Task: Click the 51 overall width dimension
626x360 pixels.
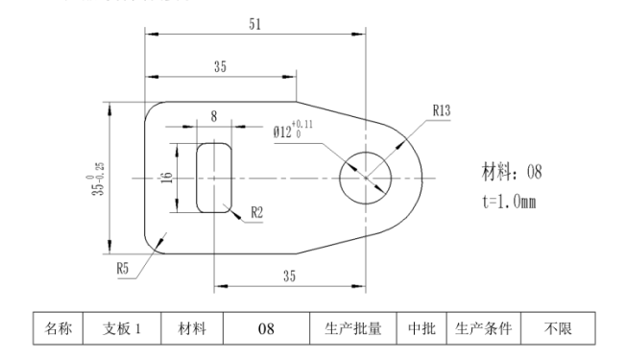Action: click(x=253, y=25)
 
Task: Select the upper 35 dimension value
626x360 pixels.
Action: click(x=220, y=66)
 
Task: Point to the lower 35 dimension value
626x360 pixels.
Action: click(x=290, y=276)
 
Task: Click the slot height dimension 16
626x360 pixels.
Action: click(x=167, y=179)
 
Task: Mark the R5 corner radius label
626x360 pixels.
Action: click(x=124, y=269)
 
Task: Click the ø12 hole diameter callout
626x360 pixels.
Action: click(x=292, y=132)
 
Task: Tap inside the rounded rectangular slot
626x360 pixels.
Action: click(x=214, y=178)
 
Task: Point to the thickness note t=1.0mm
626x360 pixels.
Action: click(x=508, y=204)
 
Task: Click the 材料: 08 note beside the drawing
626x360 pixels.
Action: click(x=512, y=173)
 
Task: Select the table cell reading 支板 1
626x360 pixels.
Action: click(x=122, y=329)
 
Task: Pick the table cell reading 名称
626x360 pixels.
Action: click(x=59, y=329)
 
